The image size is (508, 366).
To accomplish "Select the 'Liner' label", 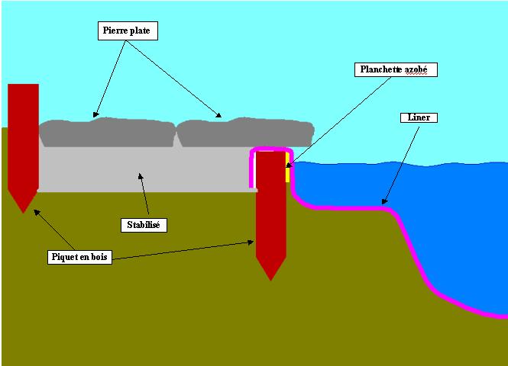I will click(x=419, y=118).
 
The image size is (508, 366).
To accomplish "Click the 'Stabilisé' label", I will click(x=144, y=225).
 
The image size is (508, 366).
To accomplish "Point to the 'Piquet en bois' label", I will click(x=79, y=257).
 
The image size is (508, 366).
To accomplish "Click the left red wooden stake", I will click(x=23, y=137).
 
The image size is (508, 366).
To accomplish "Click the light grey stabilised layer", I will click(x=145, y=169).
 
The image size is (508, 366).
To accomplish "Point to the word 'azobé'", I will click(x=418, y=69).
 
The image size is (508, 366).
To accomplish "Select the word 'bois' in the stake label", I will click(x=99, y=257).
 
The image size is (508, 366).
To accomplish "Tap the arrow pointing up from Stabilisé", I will click(x=143, y=195).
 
